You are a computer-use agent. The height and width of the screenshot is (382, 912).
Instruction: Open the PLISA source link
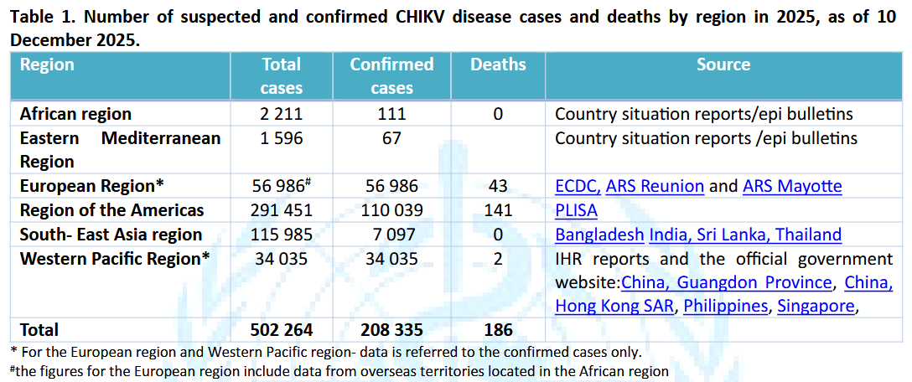[577, 210]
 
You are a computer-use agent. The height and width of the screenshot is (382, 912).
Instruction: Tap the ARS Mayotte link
[792, 186]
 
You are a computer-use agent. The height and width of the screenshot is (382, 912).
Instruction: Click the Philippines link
[725, 306]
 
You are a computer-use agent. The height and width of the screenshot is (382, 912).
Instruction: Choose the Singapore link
[816, 306]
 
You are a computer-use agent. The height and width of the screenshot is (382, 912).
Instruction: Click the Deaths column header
[498, 65]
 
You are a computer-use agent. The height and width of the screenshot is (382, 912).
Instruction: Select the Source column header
[723, 65]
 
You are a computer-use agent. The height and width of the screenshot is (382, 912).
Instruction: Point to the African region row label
[75, 114]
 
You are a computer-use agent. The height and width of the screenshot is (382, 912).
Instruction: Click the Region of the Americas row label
[111, 210]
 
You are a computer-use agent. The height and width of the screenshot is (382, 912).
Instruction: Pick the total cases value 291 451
[282, 210]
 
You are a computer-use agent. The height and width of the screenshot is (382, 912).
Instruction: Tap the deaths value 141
[498, 210]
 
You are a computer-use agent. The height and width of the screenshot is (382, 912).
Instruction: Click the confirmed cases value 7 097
[391, 235]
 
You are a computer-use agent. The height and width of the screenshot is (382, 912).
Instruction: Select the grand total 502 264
[282, 330]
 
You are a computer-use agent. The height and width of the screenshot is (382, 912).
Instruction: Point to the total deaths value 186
[498, 330]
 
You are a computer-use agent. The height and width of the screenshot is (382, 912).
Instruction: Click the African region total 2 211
[282, 114]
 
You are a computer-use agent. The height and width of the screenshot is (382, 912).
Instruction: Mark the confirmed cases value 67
[391, 138]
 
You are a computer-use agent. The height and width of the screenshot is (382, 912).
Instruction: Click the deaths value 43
[498, 186]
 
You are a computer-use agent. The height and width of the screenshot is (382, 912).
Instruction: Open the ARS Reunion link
[655, 186]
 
